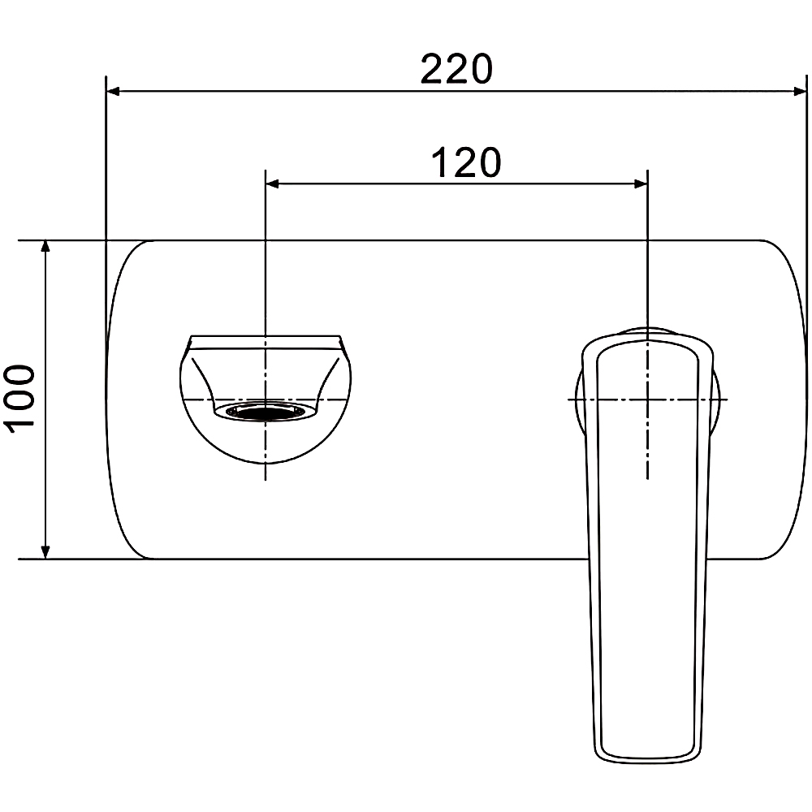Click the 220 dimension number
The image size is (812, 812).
[x=456, y=69]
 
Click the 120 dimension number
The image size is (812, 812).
[x=466, y=162]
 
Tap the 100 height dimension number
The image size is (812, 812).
[x=19, y=395]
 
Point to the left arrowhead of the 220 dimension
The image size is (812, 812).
[x=113, y=92]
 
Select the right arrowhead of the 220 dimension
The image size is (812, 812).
[x=800, y=92]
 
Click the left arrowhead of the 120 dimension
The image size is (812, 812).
[x=272, y=184]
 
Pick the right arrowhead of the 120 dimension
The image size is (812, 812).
[x=641, y=184]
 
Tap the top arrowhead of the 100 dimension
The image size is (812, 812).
[x=45, y=248]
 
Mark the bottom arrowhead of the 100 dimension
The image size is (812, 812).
[x=45, y=551]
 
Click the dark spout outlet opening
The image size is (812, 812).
[x=265, y=412]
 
